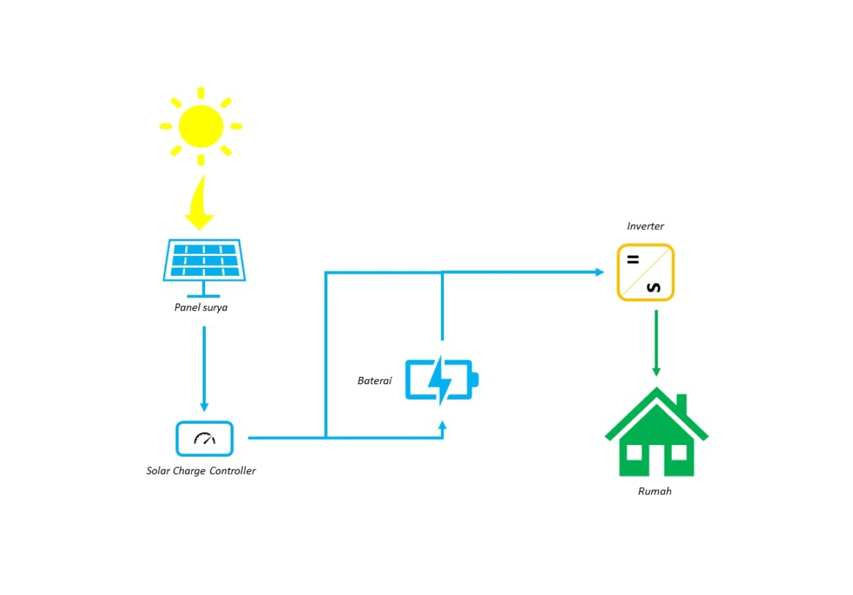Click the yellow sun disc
pyautogui.click(x=200, y=126)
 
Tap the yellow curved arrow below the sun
pyautogui.click(x=200, y=206)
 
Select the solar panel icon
pyautogui.click(x=204, y=268)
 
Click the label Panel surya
pyautogui.click(x=200, y=307)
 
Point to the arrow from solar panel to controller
pyautogui.click(x=204, y=368)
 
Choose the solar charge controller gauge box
pyautogui.click(x=204, y=438)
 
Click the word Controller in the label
pyautogui.click(x=233, y=471)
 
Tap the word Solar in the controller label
pyautogui.click(x=158, y=471)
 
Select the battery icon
pyautogui.click(x=442, y=380)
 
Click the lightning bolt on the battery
pyautogui.click(x=440, y=380)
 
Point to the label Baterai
pyautogui.click(x=374, y=381)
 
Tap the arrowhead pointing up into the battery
pyautogui.click(x=442, y=425)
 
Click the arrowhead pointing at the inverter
pyautogui.click(x=600, y=272)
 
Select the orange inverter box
pyautogui.click(x=645, y=272)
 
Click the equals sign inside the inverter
pyautogui.click(x=633, y=260)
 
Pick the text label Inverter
pyautogui.click(x=645, y=226)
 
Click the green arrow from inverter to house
pyautogui.click(x=656, y=343)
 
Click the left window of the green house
pyautogui.click(x=634, y=453)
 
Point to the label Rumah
pyautogui.click(x=655, y=491)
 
